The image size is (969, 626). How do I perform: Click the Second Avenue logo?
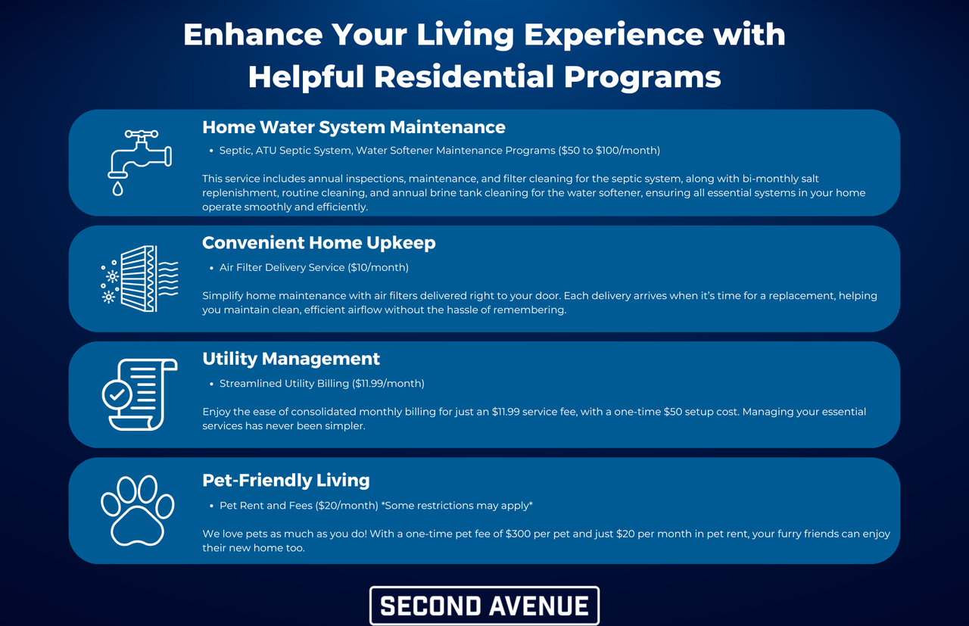point(484,606)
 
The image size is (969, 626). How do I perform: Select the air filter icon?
point(140,279)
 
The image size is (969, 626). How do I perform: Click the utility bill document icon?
point(140,394)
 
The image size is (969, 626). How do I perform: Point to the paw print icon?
point(138,510)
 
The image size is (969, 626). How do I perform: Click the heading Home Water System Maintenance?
point(354,127)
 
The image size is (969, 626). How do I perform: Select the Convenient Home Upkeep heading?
point(319,243)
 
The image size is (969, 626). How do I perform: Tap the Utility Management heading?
point(291,359)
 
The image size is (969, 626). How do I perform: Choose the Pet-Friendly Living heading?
point(286,480)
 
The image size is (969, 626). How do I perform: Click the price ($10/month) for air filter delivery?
point(378,267)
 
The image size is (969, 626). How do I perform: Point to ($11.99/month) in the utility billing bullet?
point(388,383)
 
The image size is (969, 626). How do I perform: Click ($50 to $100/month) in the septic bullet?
point(609,151)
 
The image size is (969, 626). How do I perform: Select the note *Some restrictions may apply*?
point(456,506)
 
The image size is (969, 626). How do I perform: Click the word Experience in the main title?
point(614,35)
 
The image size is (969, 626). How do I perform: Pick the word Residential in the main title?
point(464,77)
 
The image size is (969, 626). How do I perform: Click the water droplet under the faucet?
point(117,188)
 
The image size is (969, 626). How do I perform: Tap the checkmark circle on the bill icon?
point(117,394)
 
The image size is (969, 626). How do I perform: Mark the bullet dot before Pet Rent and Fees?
point(211,506)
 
